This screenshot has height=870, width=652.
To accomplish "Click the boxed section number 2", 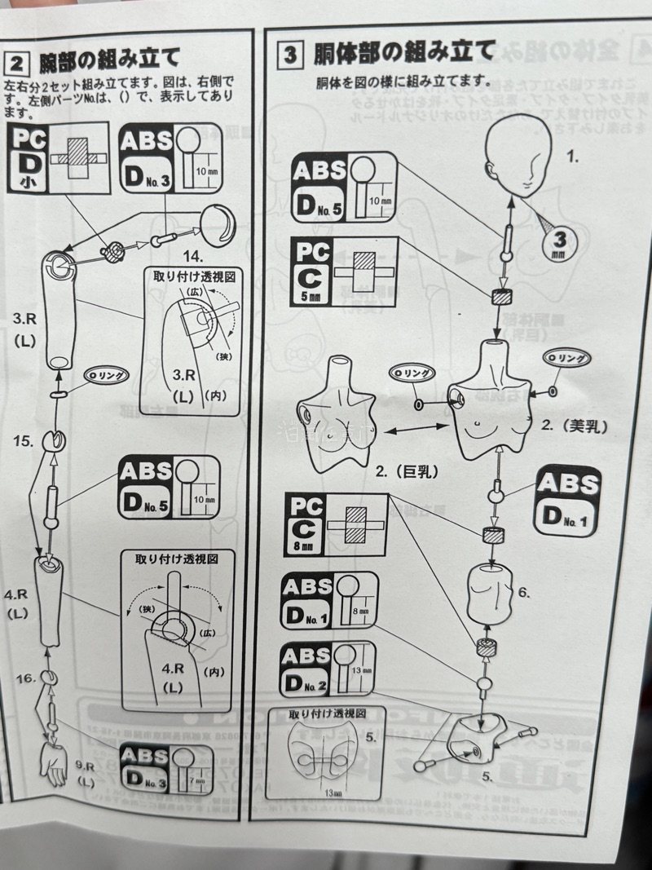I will pos(17,62).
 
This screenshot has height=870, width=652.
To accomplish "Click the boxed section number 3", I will pos(290,55).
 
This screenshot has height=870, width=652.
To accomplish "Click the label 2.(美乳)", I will pos(575,426).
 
